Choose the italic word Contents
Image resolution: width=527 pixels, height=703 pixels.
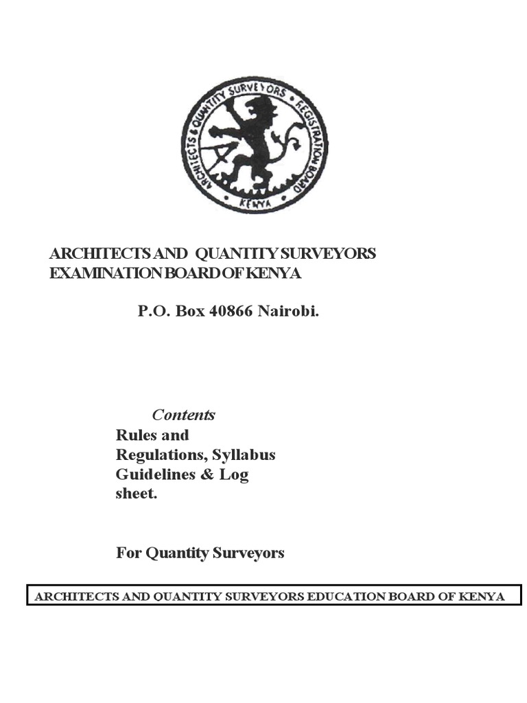coord(183,415)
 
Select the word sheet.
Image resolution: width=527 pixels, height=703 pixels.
coord(136,494)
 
